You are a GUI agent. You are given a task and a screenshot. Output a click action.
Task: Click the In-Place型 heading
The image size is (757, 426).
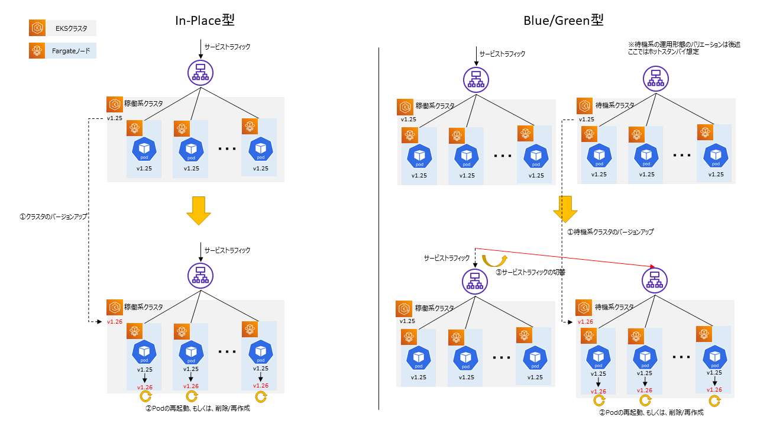point(205,20)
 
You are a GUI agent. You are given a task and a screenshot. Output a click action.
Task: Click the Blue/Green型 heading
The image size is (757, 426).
point(563,20)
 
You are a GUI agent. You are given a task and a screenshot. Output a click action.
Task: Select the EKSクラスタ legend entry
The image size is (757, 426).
point(62,28)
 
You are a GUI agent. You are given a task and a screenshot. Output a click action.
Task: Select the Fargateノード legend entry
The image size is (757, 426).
point(62,51)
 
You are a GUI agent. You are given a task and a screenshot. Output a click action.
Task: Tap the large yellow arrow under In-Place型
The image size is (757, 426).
point(199,211)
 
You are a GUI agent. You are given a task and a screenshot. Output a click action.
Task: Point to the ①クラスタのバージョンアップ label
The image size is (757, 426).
point(53,217)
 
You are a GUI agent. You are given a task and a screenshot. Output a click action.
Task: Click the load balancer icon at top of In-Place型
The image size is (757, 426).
point(200,72)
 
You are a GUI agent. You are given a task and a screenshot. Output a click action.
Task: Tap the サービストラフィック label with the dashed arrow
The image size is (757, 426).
point(447,259)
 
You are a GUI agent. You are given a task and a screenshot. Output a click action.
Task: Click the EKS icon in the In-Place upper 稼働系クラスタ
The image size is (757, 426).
point(115,105)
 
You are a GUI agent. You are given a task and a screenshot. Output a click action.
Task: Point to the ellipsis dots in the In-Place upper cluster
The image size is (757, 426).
point(227,149)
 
